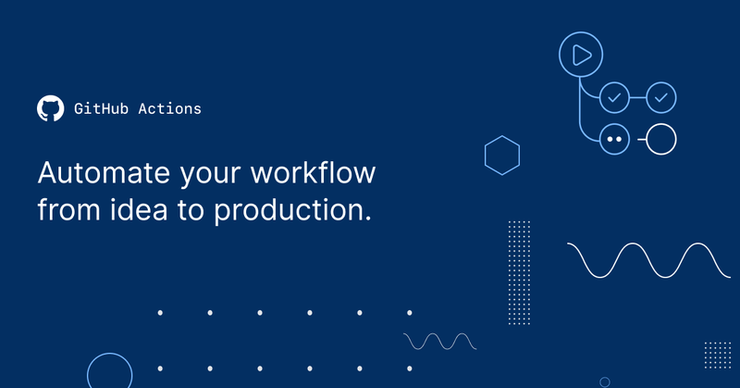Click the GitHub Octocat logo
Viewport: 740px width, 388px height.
click(x=50, y=108)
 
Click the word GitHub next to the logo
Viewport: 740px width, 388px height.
click(x=96, y=108)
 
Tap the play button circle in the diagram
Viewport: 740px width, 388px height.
click(x=581, y=55)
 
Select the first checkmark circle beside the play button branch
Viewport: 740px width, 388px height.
click(x=614, y=96)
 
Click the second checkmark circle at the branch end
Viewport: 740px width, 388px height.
click(x=661, y=96)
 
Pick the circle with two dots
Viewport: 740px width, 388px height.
click(x=614, y=140)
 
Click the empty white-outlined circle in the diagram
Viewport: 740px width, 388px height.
click(x=661, y=140)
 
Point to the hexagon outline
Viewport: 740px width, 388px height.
click(x=502, y=155)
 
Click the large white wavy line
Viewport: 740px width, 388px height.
click(x=648, y=259)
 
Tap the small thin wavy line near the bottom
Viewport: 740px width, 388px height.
click(x=440, y=341)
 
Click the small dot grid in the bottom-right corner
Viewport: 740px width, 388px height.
click(x=717, y=355)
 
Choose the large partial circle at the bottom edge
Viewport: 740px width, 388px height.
click(x=109, y=373)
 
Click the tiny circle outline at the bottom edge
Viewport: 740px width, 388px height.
click(x=605, y=382)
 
